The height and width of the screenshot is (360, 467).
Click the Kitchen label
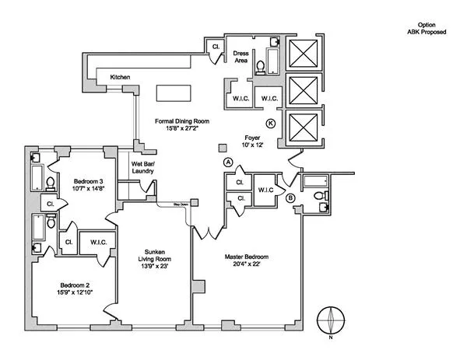tap(120, 77)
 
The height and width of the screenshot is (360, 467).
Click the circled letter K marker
tap(271, 124)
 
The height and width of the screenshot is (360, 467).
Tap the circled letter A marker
tap(228, 162)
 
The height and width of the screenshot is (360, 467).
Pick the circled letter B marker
tap(290, 197)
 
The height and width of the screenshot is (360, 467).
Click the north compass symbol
tap(332, 322)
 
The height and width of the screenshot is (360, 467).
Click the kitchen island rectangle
tap(174, 93)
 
